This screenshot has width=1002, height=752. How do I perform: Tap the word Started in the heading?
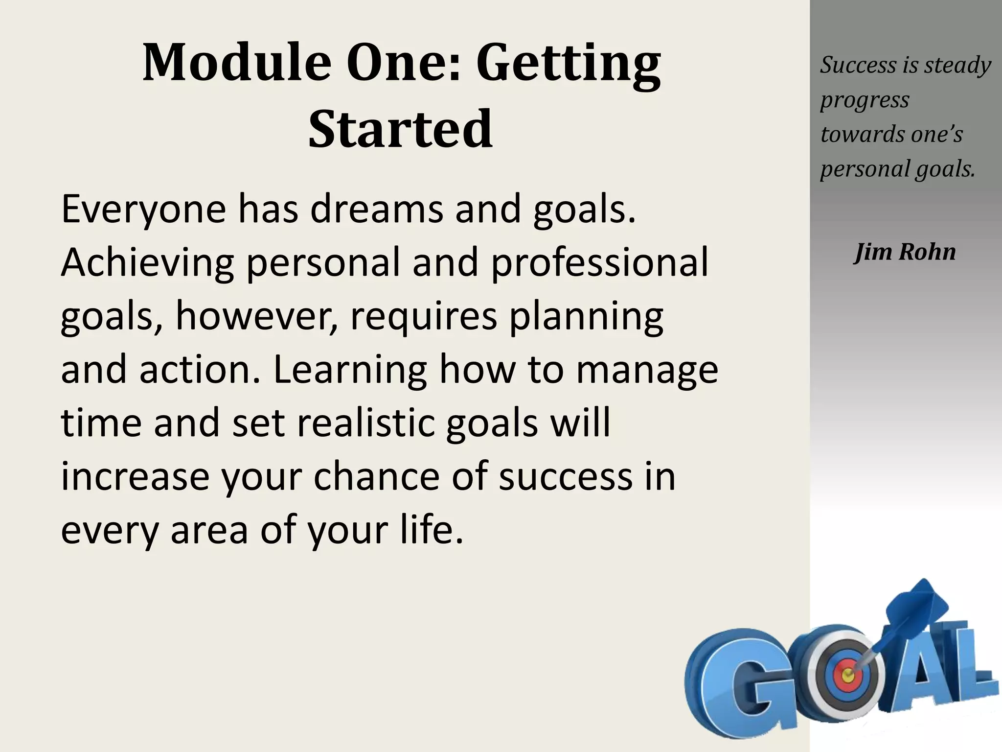pyautogui.click(x=400, y=129)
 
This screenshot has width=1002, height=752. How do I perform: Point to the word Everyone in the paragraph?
pyautogui.click(x=143, y=210)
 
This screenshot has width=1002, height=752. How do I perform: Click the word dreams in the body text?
pyautogui.click(x=377, y=210)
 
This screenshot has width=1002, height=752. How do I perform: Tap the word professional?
pyautogui.click(x=599, y=263)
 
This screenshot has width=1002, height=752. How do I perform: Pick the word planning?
pyautogui.click(x=586, y=317)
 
